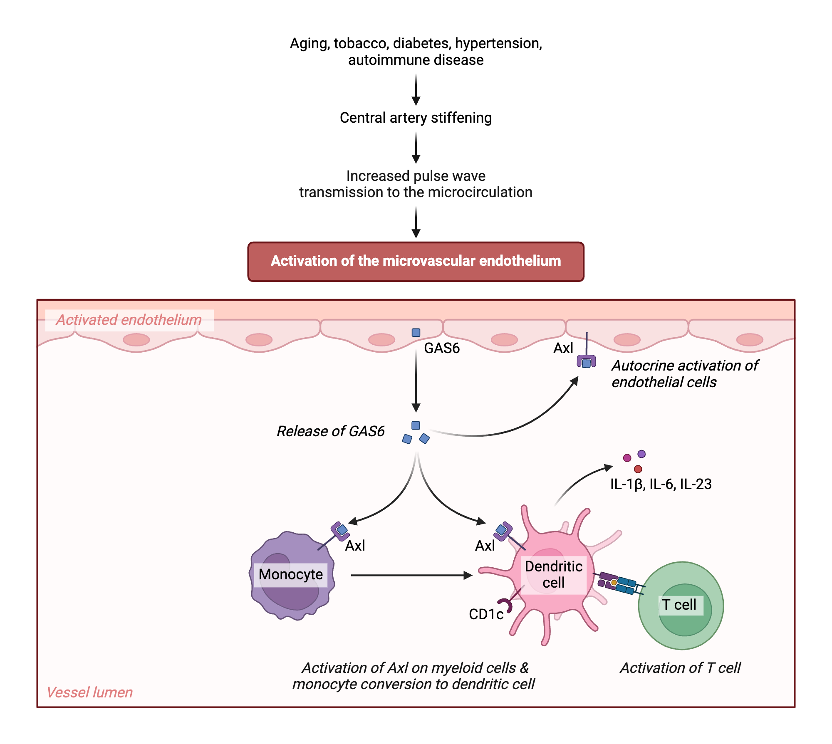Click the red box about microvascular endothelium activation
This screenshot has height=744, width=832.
pos(416,261)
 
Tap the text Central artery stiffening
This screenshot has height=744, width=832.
pos(416,118)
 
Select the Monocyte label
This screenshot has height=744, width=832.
pos(290,574)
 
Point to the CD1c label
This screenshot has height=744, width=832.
pos(485,614)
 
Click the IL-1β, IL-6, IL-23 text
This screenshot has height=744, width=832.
pos(661,484)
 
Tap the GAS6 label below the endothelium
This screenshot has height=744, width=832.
pos(441,348)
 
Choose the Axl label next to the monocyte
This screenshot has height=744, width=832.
pos(355,546)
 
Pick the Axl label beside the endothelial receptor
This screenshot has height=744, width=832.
pos(563,348)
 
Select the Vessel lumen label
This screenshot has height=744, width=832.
pos(90,692)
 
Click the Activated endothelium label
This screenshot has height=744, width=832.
pos(129,320)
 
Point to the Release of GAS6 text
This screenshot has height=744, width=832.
pos(331,431)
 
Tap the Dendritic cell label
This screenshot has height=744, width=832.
pos(553,574)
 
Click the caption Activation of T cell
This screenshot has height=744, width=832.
pos(680,668)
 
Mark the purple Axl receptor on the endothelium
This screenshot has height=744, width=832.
pos(586,361)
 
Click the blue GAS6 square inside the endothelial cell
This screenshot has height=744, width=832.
pos(416,332)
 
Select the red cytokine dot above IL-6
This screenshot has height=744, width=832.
pos(638,469)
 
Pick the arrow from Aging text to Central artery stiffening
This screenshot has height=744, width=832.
pos(416,89)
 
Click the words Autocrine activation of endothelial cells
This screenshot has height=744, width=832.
pos(684,374)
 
